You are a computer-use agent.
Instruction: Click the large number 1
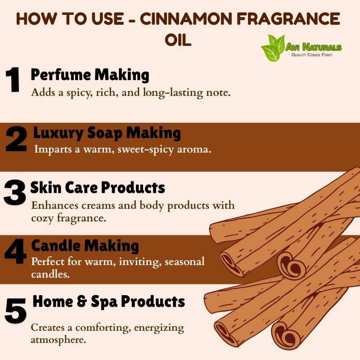point(13,80)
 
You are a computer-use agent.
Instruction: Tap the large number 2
point(16,139)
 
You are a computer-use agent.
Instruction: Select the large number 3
point(15,192)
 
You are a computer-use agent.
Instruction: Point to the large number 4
point(16,251)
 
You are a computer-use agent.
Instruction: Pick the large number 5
point(16,310)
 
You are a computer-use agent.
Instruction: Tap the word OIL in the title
point(178,40)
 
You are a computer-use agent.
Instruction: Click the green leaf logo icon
point(273,48)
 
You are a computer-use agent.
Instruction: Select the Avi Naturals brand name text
point(313,47)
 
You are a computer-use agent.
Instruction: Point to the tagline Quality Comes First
point(311,55)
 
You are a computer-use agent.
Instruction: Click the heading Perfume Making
point(90,75)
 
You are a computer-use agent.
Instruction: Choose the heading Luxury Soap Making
point(107,133)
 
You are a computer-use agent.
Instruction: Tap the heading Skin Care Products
point(98,188)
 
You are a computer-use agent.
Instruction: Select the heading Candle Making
point(85,246)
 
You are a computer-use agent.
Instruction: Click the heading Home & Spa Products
point(109,301)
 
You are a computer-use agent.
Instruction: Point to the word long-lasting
point(173,93)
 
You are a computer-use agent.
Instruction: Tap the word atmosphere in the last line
point(58,340)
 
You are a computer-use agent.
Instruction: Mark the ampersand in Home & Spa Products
point(81,301)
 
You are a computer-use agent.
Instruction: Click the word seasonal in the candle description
point(184,261)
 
